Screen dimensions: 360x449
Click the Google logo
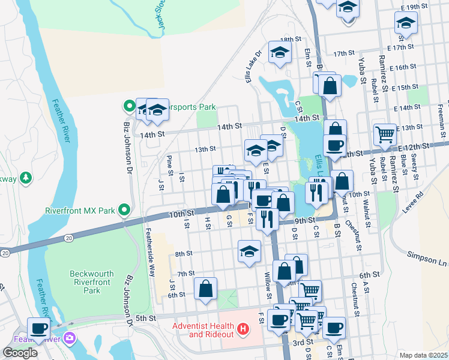(20, 353)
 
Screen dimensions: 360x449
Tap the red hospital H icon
(243, 329)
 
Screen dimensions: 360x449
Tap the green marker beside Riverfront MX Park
(124, 210)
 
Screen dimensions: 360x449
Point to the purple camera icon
(70, 338)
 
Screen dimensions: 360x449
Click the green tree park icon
(25, 178)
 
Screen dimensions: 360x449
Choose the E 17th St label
(401, 47)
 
